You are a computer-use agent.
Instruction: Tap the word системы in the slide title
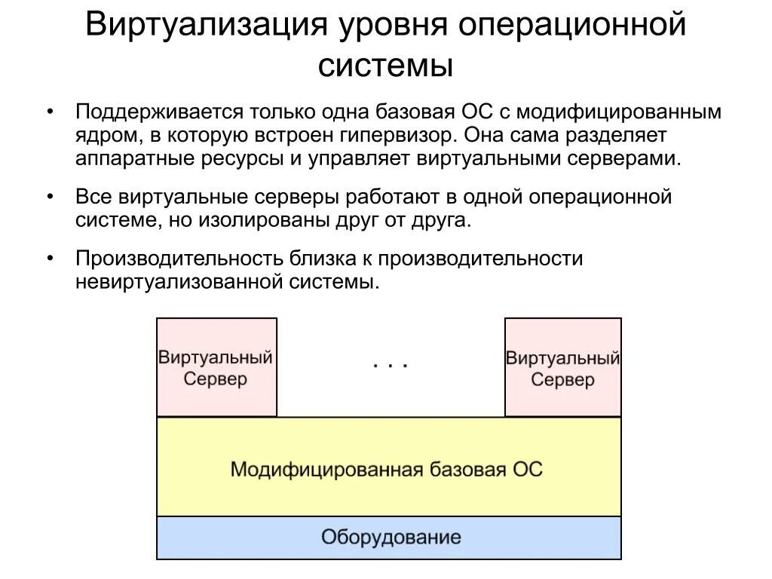point(385,66)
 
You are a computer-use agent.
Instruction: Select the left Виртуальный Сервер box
point(216,367)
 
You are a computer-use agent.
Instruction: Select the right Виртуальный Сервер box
point(563,367)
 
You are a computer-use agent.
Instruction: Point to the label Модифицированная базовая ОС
point(386,469)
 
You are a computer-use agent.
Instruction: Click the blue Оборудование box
point(390,538)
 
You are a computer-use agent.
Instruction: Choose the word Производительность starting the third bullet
point(180,259)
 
